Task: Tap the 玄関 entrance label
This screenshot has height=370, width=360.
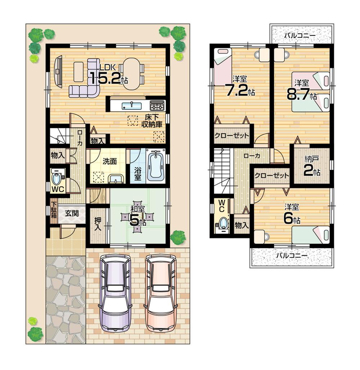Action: (x=72, y=213)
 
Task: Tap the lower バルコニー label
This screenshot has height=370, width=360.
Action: (x=292, y=255)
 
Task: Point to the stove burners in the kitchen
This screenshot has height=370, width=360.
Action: (x=157, y=105)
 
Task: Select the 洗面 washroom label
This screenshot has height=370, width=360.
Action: (x=110, y=161)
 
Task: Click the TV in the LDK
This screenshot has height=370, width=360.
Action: (x=58, y=71)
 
